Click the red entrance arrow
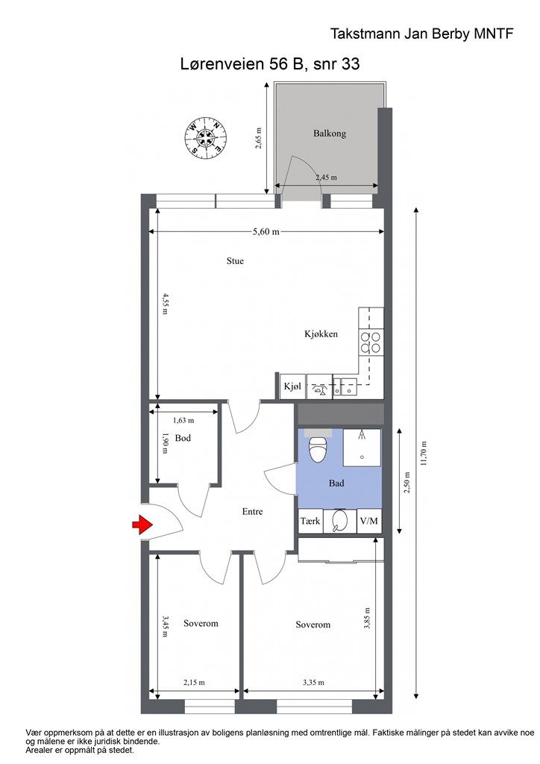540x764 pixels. click(142, 525)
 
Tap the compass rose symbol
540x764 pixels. click(207, 138)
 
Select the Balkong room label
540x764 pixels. click(329, 134)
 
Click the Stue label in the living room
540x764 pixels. click(235, 260)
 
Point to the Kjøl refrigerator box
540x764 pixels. click(292, 387)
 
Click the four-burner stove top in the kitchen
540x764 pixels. click(371, 342)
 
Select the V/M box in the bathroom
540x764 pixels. click(368, 521)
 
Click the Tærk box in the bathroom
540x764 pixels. click(310, 521)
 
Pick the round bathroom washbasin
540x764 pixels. click(339, 521)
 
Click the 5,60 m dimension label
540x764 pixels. click(266, 232)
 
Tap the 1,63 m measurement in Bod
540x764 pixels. click(183, 420)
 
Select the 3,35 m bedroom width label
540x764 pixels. click(313, 682)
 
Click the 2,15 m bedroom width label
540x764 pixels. click(194, 682)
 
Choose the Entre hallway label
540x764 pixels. click(252, 512)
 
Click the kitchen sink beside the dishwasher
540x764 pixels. click(346, 387)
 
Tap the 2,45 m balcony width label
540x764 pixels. click(326, 178)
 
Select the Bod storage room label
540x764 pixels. click(183, 438)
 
